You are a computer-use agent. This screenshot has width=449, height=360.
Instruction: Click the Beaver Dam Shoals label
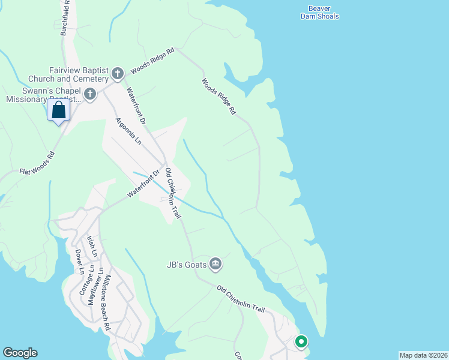tap(319, 13)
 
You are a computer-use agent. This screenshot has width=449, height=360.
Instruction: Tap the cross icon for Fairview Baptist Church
tap(118, 74)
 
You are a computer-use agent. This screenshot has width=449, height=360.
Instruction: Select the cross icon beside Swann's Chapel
tap(90, 94)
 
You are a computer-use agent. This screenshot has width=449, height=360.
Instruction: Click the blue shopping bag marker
tap(58, 110)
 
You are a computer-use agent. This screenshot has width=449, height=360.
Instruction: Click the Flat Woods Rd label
tap(37, 163)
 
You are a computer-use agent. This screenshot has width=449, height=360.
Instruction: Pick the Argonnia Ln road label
tap(129, 131)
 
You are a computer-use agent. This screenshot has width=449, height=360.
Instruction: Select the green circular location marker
tap(301, 342)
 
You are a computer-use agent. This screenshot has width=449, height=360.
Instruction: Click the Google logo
tap(20, 353)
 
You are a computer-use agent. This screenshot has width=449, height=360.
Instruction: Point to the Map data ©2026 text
tap(423, 355)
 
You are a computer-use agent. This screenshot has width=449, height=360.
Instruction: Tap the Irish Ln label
tap(92, 246)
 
